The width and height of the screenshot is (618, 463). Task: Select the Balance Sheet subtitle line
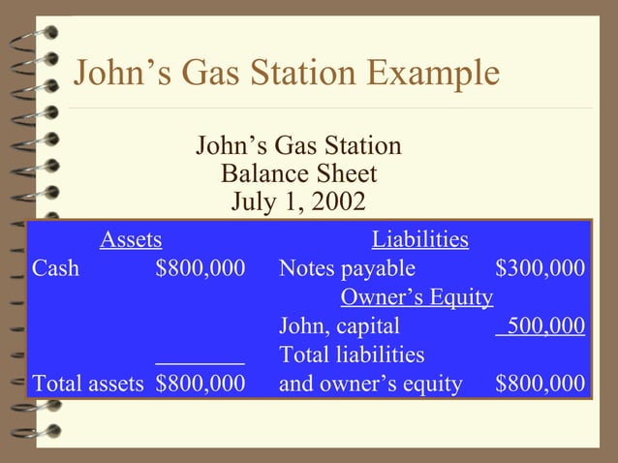coord(298,175)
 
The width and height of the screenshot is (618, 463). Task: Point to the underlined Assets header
coord(131,239)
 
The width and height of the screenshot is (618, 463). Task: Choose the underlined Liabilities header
coord(420,239)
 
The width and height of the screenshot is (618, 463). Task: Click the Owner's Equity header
coord(417,297)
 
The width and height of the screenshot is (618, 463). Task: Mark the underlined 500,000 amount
coord(540,326)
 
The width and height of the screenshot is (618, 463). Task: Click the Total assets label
coord(88,385)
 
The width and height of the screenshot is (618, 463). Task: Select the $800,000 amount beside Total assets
coord(200,385)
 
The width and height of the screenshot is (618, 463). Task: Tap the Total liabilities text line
coord(352,355)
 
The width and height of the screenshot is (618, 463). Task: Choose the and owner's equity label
coord(370,385)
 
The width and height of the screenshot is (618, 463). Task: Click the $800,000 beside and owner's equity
coord(540,385)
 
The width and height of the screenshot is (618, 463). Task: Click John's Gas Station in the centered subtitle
coord(298,147)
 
